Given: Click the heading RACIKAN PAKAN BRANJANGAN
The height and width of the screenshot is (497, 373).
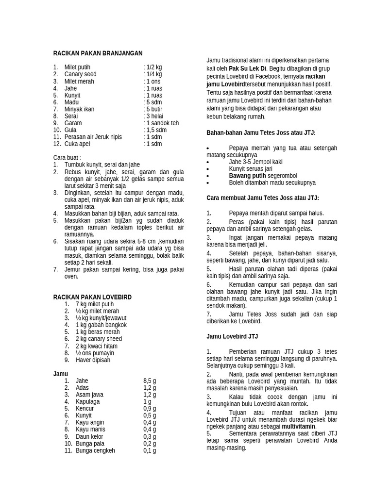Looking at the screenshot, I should (x=98, y=53).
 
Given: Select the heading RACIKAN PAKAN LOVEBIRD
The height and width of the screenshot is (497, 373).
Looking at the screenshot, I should (x=92, y=297).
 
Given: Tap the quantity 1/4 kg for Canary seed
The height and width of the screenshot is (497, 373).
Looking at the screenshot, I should (x=153, y=74).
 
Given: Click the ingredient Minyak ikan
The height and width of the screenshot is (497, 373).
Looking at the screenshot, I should (x=79, y=109).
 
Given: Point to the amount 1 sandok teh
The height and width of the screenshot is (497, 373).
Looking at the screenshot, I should (x=161, y=123).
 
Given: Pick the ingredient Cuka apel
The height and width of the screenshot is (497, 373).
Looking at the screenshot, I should (x=78, y=144).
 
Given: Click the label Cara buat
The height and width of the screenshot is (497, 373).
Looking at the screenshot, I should (x=67, y=158).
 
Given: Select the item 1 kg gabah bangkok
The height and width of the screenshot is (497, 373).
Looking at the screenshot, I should (x=101, y=325).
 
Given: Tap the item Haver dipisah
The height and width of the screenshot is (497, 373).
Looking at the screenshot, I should (x=93, y=360).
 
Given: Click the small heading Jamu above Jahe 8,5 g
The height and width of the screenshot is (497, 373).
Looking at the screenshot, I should (x=60, y=374).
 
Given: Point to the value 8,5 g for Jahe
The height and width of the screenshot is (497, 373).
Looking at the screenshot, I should (x=150, y=381).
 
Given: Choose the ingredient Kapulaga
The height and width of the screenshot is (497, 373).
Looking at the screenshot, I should (x=87, y=402).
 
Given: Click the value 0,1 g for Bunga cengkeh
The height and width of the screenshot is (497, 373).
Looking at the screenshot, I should (x=150, y=451).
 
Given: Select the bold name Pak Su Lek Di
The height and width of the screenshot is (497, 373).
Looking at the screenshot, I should (x=248, y=69).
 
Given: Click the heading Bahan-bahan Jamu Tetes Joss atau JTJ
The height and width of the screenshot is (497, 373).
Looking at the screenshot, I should (x=261, y=133).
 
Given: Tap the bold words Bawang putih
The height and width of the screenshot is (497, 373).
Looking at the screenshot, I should (x=247, y=176).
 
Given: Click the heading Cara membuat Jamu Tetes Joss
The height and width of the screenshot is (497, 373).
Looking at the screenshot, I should (x=262, y=198).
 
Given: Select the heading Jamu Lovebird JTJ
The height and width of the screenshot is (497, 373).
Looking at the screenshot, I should (x=232, y=336).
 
